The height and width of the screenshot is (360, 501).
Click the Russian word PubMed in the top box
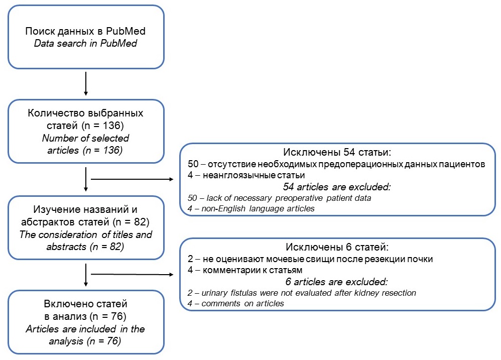[x=126, y=31]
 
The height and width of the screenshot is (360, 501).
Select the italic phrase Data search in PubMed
[x=85, y=43]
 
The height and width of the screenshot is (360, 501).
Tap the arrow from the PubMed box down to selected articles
[x=86, y=84]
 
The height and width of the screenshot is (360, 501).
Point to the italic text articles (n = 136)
[x=85, y=150]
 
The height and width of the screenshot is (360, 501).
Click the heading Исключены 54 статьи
[x=337, y=152]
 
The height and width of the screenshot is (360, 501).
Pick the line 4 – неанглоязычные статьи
[x=246, y=175]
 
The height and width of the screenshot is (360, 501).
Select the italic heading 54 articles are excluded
[x=337, y=187]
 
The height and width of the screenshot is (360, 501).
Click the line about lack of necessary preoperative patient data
[x=279, y=198]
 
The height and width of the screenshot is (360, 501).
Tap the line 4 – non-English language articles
[x=251, y=208]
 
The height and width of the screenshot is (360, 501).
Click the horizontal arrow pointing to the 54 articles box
[x=132, y=179]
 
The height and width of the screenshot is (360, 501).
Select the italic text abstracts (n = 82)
[x=85, y=247]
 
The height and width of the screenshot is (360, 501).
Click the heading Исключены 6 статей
[x=337, y=247]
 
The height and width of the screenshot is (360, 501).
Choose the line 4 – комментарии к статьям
[x=245, y=270]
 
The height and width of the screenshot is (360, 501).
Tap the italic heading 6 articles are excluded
[x=336, y=281]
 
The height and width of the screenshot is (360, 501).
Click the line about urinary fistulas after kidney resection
[x=302, y=293]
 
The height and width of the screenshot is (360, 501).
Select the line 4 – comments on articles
[x=236, y=303]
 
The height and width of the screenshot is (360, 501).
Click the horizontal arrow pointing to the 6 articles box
[x=132, y=274]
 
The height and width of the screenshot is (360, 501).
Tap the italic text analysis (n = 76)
[x=85, y=341]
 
